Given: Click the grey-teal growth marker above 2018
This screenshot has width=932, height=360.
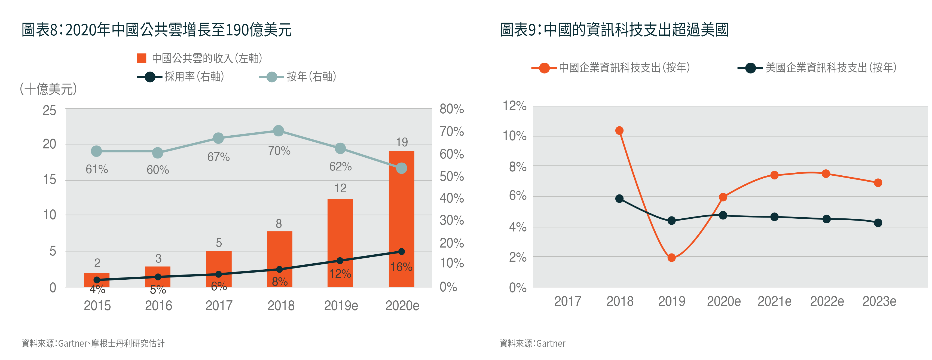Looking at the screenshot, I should pyautogui.click(x=278, y=131).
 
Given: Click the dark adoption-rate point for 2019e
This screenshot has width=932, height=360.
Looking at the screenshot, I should pyautogui.click(x=340, y=261).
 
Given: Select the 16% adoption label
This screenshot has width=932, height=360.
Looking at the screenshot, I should pyautogui.click(x=401, y=267).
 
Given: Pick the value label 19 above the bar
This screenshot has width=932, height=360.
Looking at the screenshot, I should pyautogui.click(x=402, y=142).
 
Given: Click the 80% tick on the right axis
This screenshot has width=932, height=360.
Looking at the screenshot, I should pyautogui.click(x=451, y=109).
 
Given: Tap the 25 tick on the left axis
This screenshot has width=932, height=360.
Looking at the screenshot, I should pyautogui.click(x=50, y=110).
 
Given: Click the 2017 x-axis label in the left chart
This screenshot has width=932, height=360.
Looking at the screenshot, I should pyautogui.click(x=219, y=306).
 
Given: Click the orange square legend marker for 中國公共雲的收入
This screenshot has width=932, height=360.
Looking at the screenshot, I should pyautogui.click(x=142, y=58).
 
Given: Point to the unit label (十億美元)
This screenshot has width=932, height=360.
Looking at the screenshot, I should pyautogui.click(x=48, y=89).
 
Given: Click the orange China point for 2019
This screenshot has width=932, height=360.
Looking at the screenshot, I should pyautogui.click(x=671, y=258).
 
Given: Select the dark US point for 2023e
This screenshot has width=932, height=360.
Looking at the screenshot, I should pyautogui.click(x=878, y=223).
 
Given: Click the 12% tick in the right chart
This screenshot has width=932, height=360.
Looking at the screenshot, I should pyautogui.click(x=515, y=106).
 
